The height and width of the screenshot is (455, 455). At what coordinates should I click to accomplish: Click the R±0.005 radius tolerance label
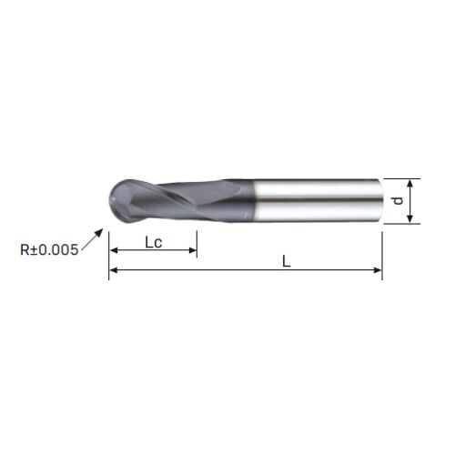coord(49,250)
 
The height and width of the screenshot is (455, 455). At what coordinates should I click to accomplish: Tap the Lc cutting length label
coord(154,243)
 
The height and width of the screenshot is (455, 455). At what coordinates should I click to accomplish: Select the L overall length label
coord(286,261)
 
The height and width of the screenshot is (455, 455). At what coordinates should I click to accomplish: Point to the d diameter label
coord(398,201)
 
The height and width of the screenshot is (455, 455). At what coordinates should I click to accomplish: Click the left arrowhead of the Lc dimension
coord(113,250)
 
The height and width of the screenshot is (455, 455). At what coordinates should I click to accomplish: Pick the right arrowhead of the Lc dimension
coord(193,250)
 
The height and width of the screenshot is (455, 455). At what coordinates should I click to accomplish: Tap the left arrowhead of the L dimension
coord(113,270)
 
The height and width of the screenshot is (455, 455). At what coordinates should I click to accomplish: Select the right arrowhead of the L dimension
coord(378,270)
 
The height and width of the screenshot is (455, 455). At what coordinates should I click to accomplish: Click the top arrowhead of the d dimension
coord(409,183)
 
